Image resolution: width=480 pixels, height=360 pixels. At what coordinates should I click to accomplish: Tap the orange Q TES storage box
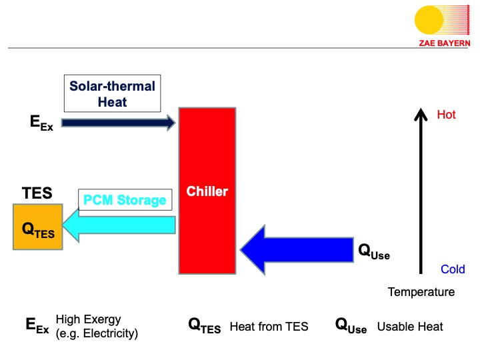[x=38, y=227]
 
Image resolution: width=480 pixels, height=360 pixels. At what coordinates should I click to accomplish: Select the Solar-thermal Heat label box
[x=112, y=94]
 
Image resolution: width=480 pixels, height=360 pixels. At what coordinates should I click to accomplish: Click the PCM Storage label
[x=125, y=200]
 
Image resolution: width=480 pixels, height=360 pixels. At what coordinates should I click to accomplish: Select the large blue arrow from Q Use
[x=296, y=251]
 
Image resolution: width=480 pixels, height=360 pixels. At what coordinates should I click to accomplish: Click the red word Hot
[x=446, y=115]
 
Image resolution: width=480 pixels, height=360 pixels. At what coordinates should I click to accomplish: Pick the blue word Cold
[x=452, y=270]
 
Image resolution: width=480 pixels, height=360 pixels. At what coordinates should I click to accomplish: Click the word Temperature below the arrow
[x=421, y=292]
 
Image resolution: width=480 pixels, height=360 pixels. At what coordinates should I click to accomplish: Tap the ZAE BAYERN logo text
[x=444, y=43]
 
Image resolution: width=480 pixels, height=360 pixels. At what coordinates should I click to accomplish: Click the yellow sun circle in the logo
[x=427, y=21]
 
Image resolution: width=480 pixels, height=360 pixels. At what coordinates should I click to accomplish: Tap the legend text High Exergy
[x=88, y=319]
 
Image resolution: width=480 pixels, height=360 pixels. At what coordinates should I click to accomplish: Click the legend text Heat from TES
[x=269, y=327]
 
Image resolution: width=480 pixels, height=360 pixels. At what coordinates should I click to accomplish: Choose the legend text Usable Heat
[x=409, y=327]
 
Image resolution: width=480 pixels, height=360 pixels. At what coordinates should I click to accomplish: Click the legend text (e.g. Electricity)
[x=97, y=333]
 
